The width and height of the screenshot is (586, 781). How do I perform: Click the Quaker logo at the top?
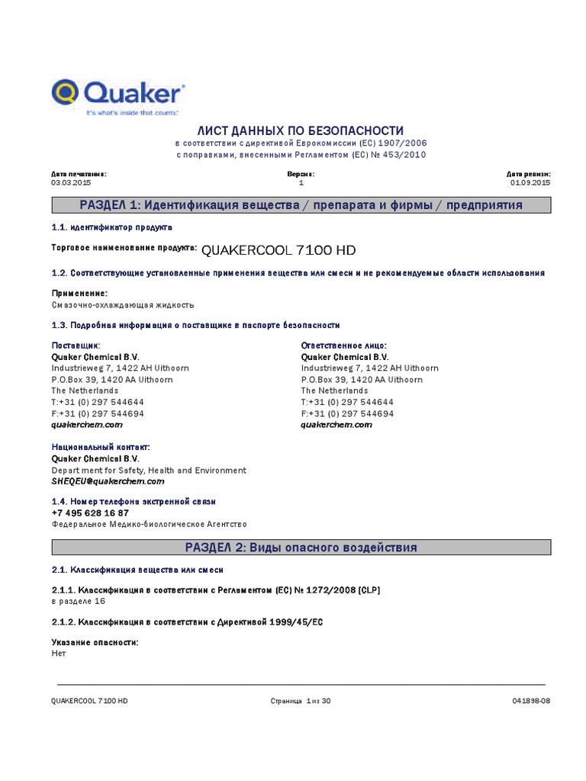point(118,96)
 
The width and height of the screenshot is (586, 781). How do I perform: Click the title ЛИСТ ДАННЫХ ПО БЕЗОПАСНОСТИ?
point(301,131)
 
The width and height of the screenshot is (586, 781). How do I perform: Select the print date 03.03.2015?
point(71,183)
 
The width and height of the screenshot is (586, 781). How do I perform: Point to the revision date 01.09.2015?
point(530,183)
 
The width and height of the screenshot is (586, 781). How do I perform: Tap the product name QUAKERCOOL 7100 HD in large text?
point(279,250)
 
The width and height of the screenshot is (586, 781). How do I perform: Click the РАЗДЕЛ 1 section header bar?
point(301,206)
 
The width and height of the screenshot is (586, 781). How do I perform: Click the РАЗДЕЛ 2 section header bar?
point(301,548)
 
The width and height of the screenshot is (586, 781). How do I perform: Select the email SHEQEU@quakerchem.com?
point(108,482)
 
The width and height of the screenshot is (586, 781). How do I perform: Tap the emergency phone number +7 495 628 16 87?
point(90,513)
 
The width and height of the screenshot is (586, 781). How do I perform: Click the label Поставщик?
point(76,346)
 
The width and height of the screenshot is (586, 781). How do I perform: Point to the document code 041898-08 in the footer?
point(530,701)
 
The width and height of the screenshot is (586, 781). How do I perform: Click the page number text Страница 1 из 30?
point(301,701)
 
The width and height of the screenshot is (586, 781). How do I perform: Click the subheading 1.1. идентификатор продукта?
point(111,228)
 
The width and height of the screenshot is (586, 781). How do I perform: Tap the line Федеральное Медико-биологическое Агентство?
point(150,525)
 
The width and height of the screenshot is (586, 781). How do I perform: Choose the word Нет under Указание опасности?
point(59,654)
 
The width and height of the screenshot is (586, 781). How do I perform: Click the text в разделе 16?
point(78,601)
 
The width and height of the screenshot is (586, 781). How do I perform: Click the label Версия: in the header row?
point(301,174)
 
